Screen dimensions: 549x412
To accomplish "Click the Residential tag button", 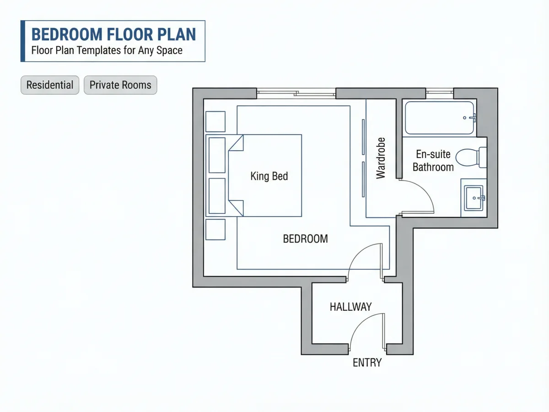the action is coord(50,85).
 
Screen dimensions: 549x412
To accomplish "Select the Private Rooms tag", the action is coord(120,85).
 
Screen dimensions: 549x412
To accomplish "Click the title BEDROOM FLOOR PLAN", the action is coord(113,34).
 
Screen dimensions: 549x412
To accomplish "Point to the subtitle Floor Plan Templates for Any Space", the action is coord(107,50).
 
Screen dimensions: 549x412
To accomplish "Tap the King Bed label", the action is coord(269,176).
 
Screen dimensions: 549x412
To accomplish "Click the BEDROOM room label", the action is coord(306,239).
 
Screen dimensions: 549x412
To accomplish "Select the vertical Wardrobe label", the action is coord(381,158).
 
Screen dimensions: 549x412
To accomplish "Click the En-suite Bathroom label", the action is coord(433,161).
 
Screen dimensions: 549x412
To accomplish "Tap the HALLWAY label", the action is coord(350,307).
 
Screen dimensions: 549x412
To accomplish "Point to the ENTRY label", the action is coord(367,363).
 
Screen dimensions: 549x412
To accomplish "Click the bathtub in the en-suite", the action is coord(440,118).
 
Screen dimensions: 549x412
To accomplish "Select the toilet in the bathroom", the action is coord(471,157).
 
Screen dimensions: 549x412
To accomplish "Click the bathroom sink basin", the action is coord(474,198).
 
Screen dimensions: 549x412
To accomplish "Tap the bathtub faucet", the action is coord(473,118).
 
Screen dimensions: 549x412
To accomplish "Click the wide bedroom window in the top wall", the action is coord(296,93).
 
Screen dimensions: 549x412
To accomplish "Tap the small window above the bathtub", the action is coord(440,92).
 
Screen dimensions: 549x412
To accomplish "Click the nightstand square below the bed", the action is coord(215,229).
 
